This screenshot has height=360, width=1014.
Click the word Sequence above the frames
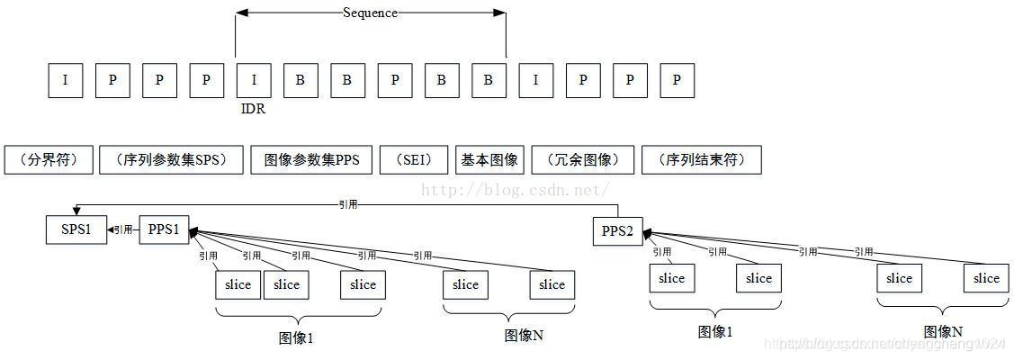point(370,13)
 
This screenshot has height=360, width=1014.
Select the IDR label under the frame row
point(253,109)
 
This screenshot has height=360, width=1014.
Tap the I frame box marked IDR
point(253,80)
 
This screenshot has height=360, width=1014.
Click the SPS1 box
point(76,229)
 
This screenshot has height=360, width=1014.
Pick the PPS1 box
point(163,229)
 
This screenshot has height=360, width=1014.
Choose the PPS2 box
point(617,231)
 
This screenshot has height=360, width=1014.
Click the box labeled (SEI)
point(413,160)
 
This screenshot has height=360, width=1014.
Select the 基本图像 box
point(489,160)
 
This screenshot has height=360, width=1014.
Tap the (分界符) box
point(48,160)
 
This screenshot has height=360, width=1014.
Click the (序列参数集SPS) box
point(170,160)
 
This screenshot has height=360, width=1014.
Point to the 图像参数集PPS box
point(311,160)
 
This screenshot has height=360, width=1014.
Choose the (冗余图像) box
point(582,160)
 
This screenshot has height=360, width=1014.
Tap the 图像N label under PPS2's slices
point(943,331)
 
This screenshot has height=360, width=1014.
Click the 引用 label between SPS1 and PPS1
point(123,230)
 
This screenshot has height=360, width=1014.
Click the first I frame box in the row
point(66,80)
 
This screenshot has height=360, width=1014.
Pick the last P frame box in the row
point(677,80)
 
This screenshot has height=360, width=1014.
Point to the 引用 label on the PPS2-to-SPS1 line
point(347,204)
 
